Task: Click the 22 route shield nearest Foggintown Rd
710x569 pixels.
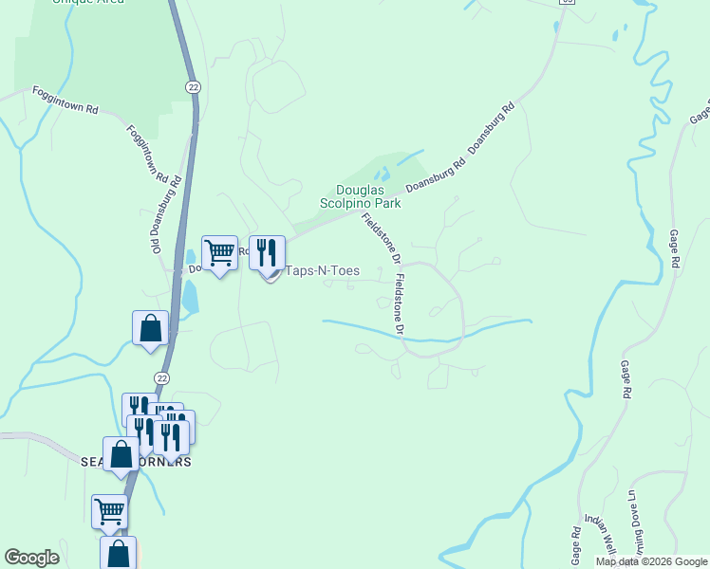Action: [193, 87]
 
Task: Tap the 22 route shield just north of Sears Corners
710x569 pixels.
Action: [163, 378]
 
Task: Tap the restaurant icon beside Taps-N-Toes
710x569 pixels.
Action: [267, 253]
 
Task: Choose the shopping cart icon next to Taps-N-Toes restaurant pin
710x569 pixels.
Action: [219, 253]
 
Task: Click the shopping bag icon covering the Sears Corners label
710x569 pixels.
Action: [121, 454]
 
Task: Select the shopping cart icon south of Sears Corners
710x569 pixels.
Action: [109, 512]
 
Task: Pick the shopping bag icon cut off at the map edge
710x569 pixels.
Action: [118, 553]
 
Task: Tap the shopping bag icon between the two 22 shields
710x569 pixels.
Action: [150, 328]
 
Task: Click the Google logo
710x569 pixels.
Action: [31, 558]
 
